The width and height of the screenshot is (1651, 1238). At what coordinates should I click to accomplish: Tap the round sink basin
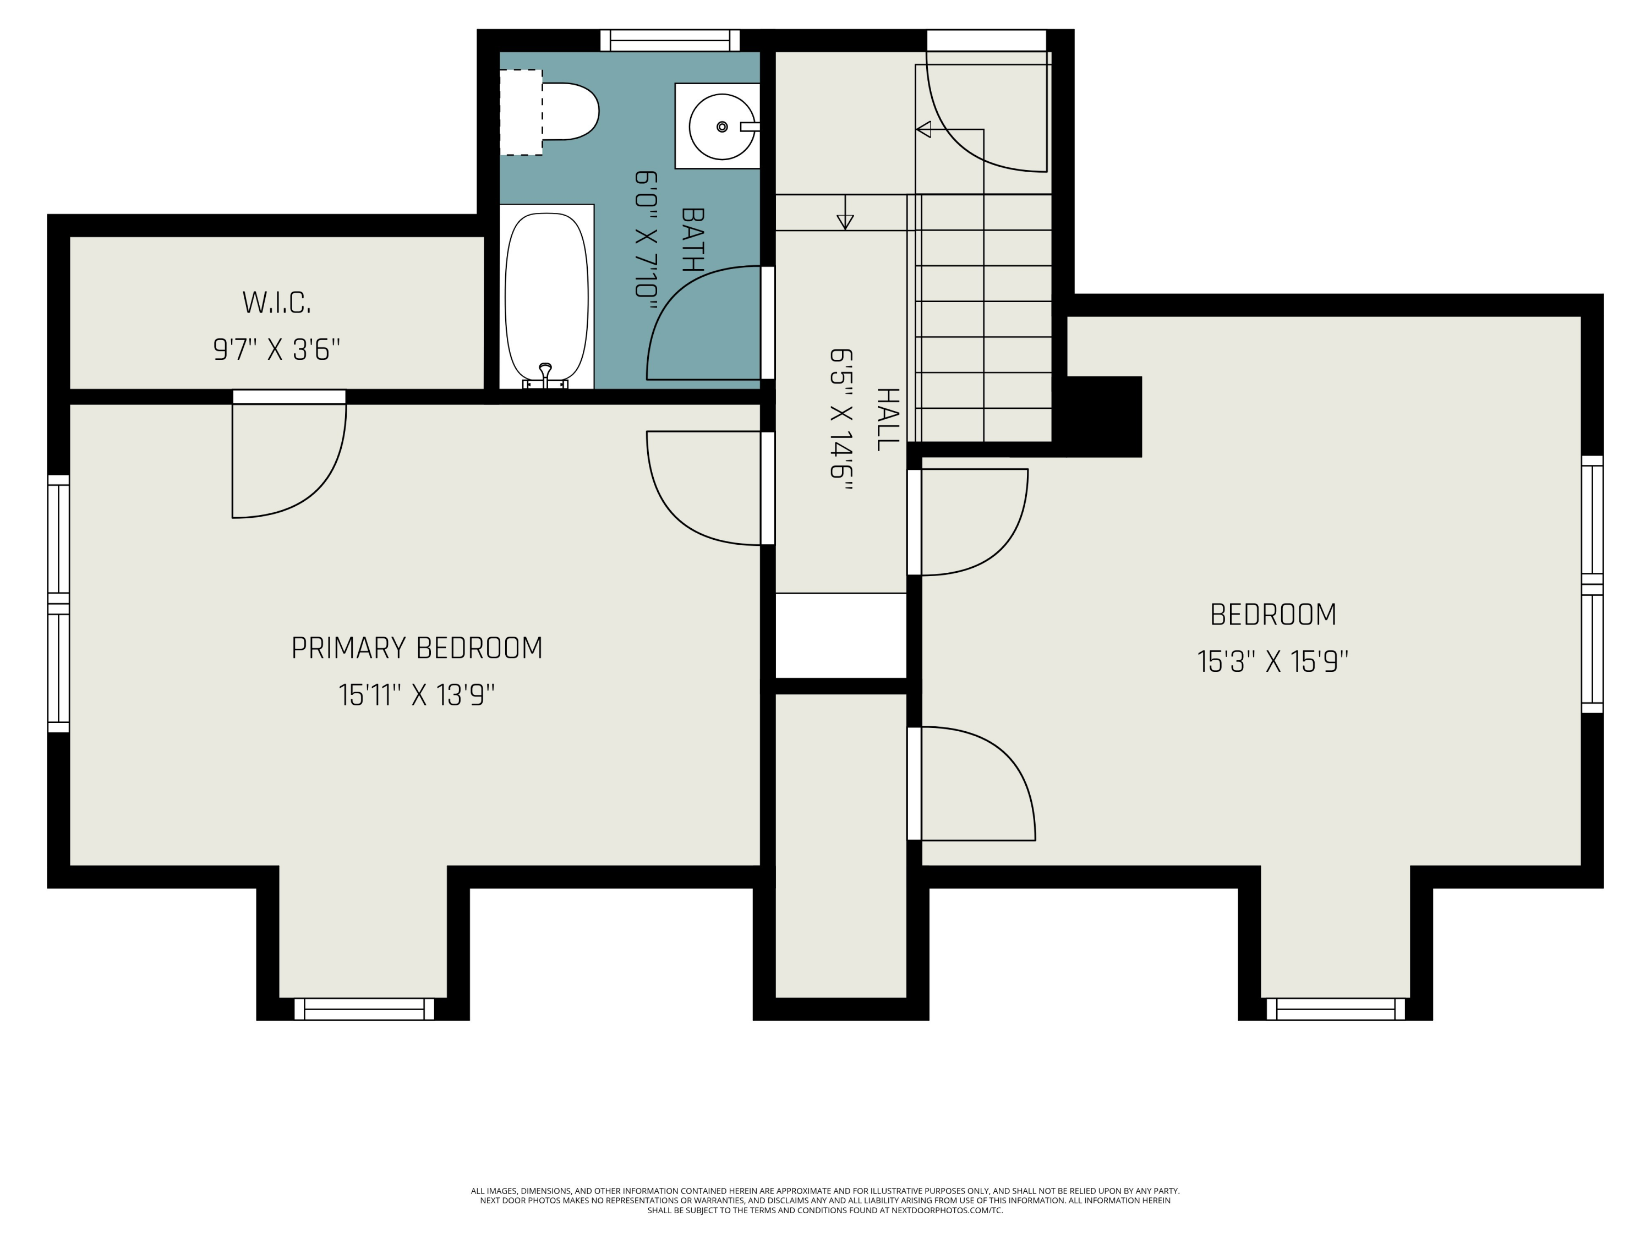click(721, 127)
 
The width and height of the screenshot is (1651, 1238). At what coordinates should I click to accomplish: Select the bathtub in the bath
click(546, 297)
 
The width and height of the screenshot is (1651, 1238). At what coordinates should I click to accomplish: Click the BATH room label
click(692, 239)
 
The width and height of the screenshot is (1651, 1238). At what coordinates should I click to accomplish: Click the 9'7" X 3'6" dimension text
click(276, 349)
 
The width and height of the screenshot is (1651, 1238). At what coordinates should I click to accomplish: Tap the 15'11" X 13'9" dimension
click(417, 695)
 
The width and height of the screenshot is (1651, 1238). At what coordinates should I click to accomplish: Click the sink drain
click(721, 127)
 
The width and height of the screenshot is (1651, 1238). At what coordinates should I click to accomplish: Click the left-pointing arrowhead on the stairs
click(923, 129)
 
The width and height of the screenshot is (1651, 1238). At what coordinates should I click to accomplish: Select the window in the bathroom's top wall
click(670, 40)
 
